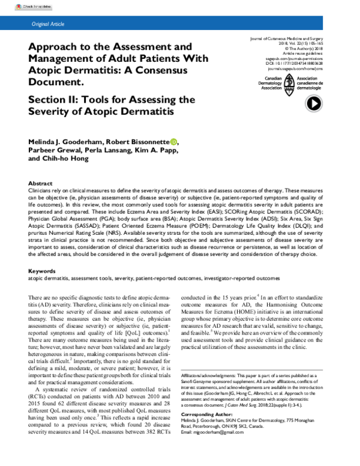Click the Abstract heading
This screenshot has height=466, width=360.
coord(41,183)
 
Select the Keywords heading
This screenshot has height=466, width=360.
coord(43,271)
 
